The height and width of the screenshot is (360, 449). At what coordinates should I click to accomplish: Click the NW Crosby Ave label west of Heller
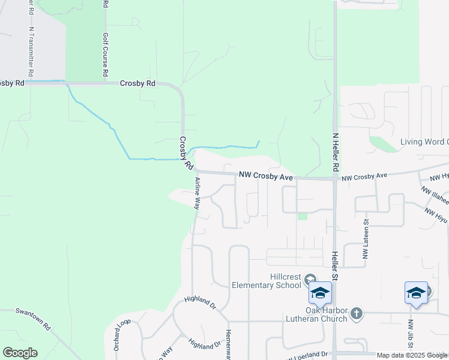coord(265,176)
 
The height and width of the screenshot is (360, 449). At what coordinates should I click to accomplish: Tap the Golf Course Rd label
coord(105,54)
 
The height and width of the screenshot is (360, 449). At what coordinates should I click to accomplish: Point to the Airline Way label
coord(197,193)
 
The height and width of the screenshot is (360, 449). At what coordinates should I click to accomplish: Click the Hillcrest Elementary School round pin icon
coord(310,279)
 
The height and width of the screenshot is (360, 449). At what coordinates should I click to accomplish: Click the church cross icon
coord(357,313)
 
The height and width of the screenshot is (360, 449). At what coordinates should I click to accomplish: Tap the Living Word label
coord(424,142)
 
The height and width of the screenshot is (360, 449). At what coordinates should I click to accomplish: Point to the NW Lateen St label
coord(364,238)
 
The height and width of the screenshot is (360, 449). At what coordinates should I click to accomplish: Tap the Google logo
coord(20,353)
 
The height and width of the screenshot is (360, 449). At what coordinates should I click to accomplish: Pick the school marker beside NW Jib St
coord(416,293)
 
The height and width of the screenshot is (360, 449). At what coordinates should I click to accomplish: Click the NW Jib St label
coord(411,336)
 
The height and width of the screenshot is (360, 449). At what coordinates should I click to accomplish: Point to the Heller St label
coord(335,266)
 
